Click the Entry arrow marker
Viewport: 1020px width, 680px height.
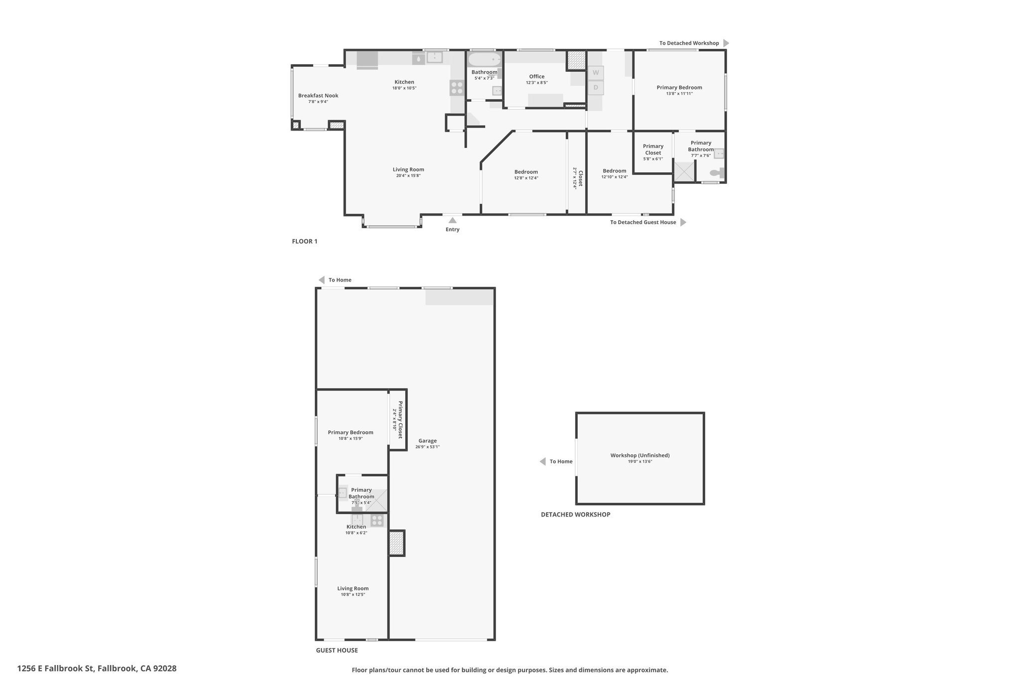click(452, 220)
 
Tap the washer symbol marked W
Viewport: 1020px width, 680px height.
click(596, 73)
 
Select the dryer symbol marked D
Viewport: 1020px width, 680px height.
click(596, 88)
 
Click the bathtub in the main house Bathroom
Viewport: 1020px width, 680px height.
click(484, 60)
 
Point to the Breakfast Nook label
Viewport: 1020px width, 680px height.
click(318, 96)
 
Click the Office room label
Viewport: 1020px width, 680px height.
click(537, 77)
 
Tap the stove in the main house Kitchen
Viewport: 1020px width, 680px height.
click(457, 88)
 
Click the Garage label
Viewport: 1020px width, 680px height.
click(427, 441)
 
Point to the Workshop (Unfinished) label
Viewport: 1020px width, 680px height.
click(640, 455)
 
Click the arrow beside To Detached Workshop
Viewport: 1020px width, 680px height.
click(726, 43)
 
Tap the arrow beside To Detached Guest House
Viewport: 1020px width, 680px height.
click(683, 222)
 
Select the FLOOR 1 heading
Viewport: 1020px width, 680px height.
click(304, 242)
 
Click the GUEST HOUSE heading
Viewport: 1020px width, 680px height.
click(337, 650)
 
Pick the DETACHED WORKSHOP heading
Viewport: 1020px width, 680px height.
click(575, 515)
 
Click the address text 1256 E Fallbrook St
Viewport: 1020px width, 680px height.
click(55, 669)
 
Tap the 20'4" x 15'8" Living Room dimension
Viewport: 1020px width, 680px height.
click(408, 176)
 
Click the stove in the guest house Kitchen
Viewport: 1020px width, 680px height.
click(377, 521)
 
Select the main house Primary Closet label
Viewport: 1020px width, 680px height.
click(653, 149)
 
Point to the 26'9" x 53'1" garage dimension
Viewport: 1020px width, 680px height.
click(427, 447)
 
